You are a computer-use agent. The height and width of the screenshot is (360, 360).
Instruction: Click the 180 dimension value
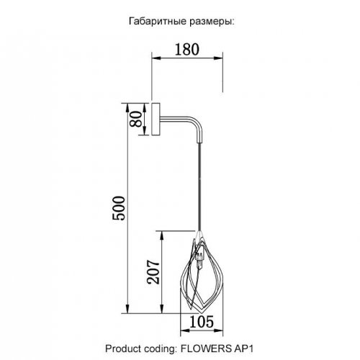tap(187, 50)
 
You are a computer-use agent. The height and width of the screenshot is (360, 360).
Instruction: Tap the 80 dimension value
tap(136, 119)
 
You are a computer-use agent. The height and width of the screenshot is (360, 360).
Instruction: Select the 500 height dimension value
tap(119, 208)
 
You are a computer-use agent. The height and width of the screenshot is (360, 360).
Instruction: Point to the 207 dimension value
tap(153, 272)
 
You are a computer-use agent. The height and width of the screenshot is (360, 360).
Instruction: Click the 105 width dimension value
tap(202, 322)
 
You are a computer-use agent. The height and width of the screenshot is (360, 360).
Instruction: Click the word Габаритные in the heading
tap(158, 22)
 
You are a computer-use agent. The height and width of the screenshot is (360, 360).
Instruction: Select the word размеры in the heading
tap(211, 22)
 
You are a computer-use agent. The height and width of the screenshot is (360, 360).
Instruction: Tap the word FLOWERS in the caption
tap(205, 348)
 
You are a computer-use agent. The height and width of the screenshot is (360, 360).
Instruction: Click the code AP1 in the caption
tap(243, 348)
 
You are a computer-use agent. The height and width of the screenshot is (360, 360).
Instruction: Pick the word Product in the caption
tap(123, 348)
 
